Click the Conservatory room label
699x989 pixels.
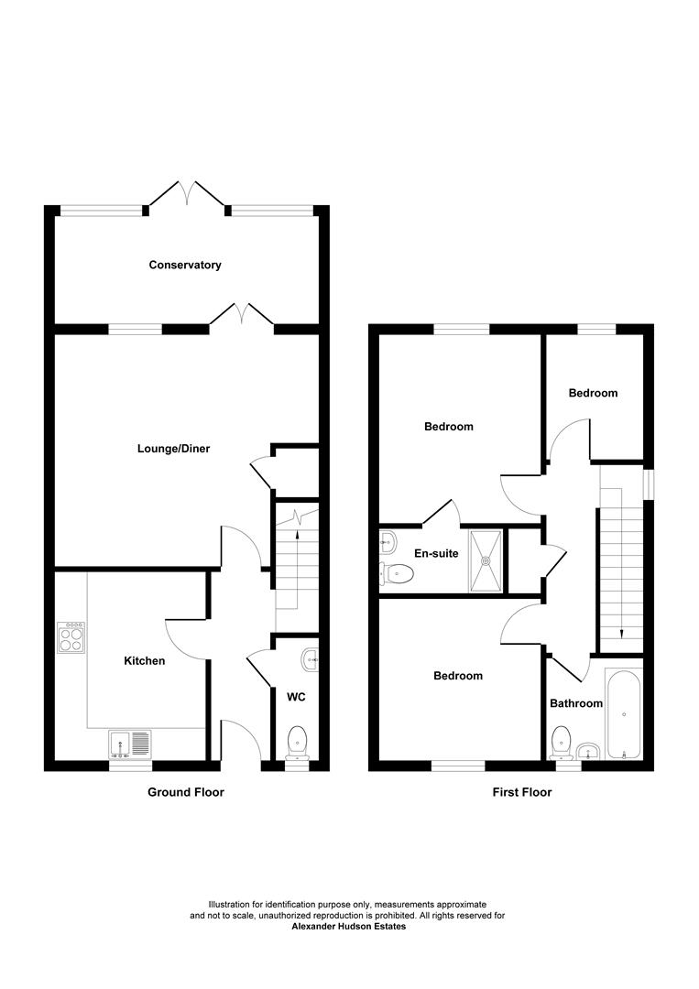(185, 266)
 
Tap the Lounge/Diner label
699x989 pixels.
(174, 449)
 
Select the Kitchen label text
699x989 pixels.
(145, 660)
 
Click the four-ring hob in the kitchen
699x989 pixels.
(71, 636)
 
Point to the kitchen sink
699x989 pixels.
(131, 743)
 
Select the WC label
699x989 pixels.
(296, 697)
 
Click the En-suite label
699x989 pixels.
(436, 553)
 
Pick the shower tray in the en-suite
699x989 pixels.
(486, 560)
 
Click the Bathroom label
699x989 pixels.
(576, 703)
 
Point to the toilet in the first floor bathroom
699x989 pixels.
(561, 740)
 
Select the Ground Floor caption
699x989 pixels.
(186, 792)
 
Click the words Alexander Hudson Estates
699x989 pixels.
(348, 927)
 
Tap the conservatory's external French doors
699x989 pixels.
(187, 194)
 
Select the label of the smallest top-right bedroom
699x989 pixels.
(593, 393)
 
